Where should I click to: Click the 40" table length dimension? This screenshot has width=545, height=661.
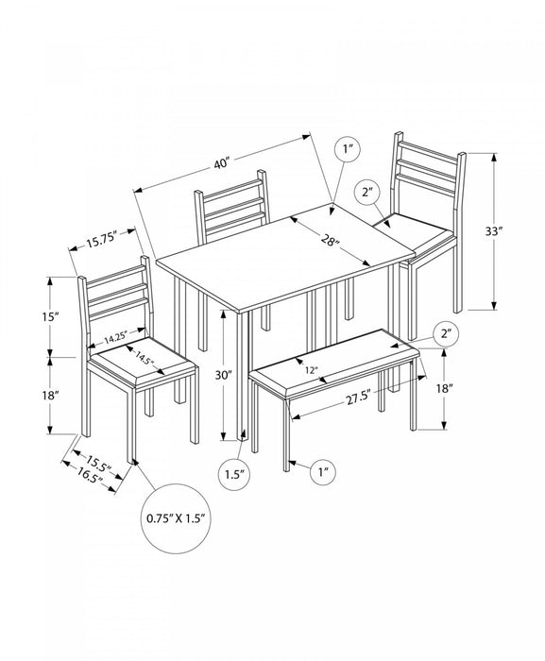(221, 162)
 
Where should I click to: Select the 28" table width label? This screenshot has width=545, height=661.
(331, 241)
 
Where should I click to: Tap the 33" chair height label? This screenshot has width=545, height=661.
(494, 231)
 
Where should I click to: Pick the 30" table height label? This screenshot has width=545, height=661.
(224, 375)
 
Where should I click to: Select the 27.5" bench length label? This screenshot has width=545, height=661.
(359, 398)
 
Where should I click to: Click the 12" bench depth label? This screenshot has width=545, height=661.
(312, 370)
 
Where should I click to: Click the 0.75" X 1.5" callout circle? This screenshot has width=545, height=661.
(176, 518)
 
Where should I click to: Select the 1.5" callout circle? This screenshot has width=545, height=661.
(235, 474)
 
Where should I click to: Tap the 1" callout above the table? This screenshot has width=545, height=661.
(348, 149)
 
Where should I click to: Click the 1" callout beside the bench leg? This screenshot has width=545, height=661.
(324, 472)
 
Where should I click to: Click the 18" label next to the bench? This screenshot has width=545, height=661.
(443, 388)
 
